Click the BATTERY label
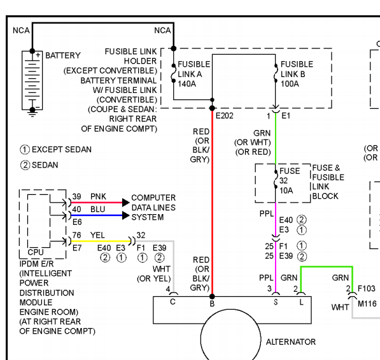click(63, 55)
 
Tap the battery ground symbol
click(32, 112)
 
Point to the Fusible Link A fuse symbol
click(174, 73)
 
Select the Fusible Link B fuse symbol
click(276, 73)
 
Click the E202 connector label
click(225, 116)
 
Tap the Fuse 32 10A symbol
click(276, 179)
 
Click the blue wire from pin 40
click(97, 215)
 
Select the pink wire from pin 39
click(97, 203)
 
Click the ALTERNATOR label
click(291, 342)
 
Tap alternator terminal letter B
click(212, 304)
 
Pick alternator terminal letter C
click(172, 302)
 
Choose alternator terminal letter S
click(276, 302)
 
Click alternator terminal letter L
click(301, 302)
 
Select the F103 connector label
click(367, 289)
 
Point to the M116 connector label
click(367, 304)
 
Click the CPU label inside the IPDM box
click(36, 252)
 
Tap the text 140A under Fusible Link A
click(187, 84)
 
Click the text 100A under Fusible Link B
click(290, 84)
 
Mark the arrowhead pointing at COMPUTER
click(126, 203)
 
